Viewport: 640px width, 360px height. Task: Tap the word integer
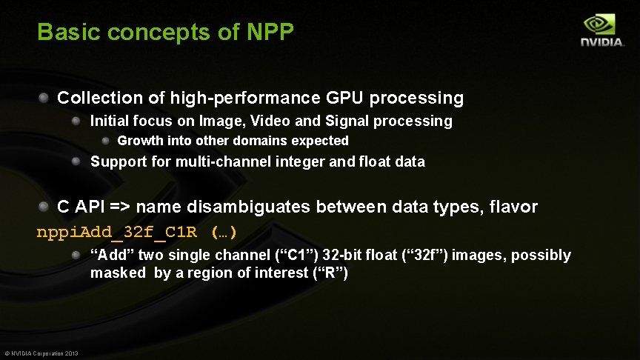[293, 161]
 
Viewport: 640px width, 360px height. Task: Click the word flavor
[512, 207]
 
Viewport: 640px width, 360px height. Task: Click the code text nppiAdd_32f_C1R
[117, 232]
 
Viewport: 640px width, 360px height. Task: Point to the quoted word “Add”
[111, 255]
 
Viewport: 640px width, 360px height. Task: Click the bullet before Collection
[44, 97]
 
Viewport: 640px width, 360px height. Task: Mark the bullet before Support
[76, 161]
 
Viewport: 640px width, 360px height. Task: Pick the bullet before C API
[44, 206]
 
